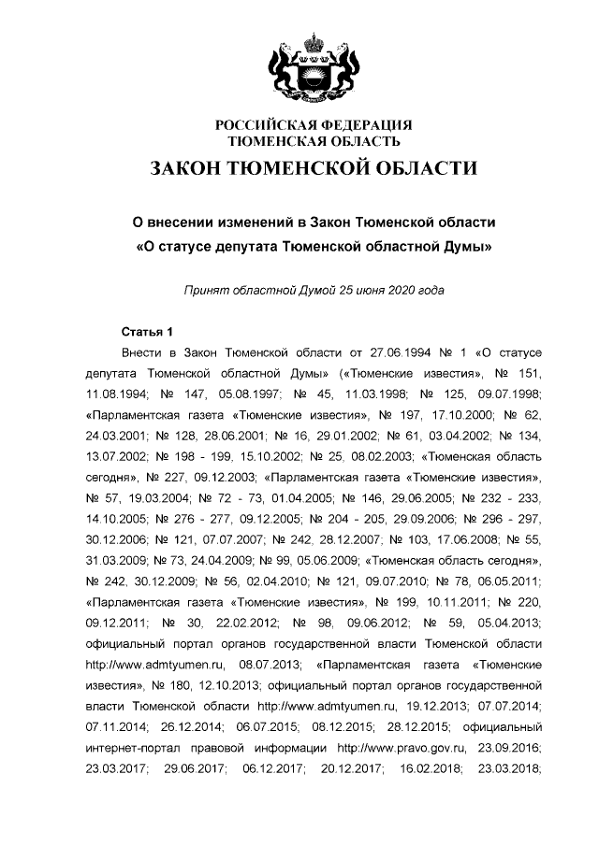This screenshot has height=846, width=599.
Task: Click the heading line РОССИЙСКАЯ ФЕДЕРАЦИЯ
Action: [x=314, y=125]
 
